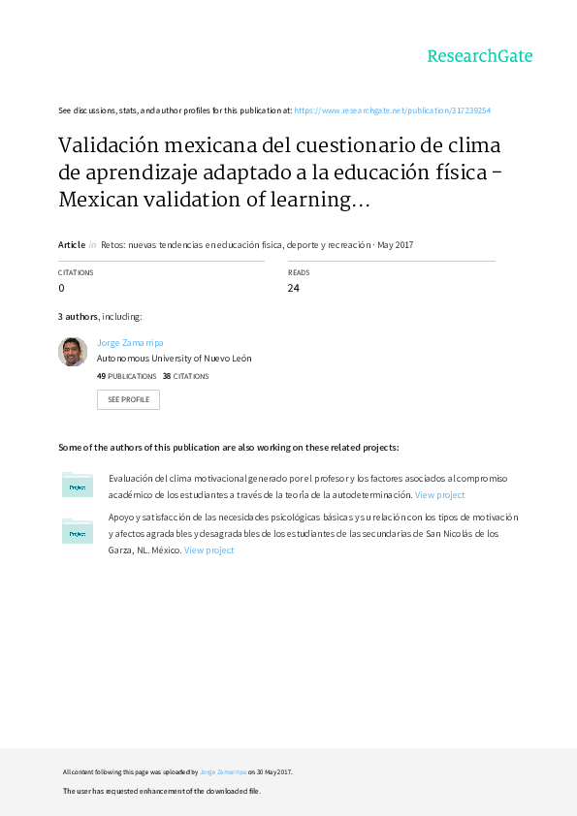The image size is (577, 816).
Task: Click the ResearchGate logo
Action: pos(480,56)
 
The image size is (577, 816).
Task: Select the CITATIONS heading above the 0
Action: pos(76,273)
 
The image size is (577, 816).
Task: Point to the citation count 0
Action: pos(62,288)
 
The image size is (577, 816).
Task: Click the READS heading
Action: pos(299,273)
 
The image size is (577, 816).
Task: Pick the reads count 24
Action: pos(294,288)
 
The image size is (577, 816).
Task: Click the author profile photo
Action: pos(73,352)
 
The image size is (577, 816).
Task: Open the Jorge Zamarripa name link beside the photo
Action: pos(129,343)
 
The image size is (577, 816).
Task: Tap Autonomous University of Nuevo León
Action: pos(175,358)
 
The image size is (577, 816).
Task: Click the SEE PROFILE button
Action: pos(128,399)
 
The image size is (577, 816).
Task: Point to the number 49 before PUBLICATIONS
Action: pos(101,376)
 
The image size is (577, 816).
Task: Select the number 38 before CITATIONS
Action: pos(167,376)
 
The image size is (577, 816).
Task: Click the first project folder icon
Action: pos(77,486)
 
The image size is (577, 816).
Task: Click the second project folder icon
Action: pos(77,531)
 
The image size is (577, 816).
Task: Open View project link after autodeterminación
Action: pos(439,495)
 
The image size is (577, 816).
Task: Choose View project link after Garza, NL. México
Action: pos(208,550)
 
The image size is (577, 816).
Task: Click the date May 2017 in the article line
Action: pos(396,245)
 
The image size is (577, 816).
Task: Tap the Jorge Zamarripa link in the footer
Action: pos(222,772)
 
